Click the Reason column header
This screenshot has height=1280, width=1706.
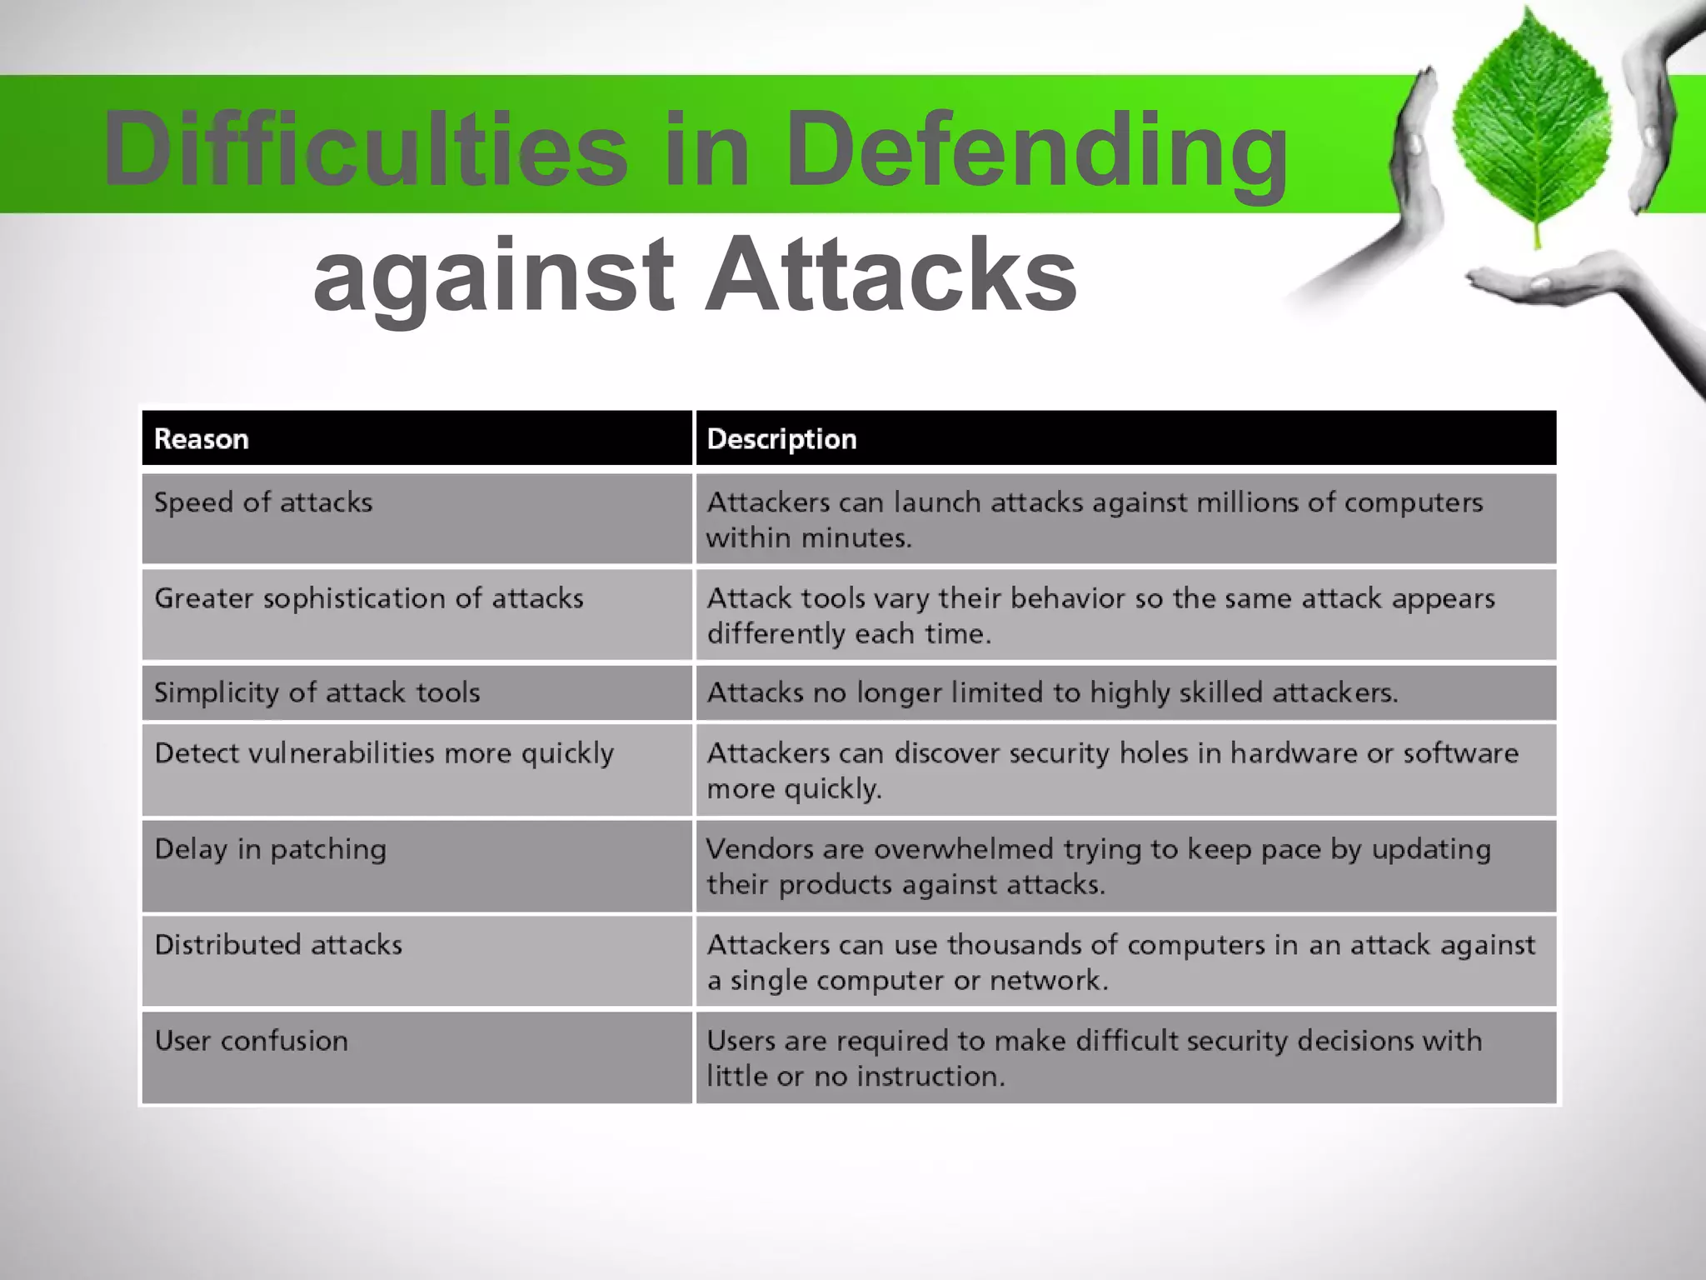pos(202,439)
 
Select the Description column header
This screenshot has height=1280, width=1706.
pos(781,439)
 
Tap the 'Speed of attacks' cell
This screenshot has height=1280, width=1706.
pos(263,502)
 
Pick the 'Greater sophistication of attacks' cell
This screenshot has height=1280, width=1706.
pos(369,598)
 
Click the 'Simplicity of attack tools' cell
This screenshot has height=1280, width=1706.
pos(317,692)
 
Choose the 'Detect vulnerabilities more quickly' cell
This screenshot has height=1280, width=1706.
pos(384,753)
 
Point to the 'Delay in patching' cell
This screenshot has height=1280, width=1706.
pos(271,849)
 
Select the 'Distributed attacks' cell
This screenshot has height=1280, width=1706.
pos(278,945)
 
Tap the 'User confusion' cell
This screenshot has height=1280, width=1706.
pos(252,1041)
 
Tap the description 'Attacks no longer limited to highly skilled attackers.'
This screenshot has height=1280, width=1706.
pos(1052,692)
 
